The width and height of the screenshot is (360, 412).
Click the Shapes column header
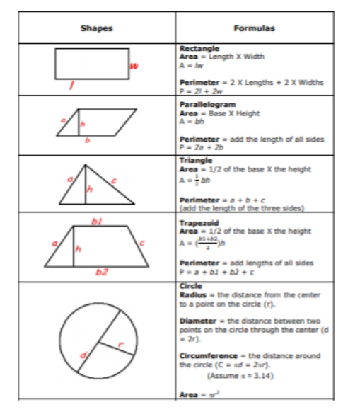97,28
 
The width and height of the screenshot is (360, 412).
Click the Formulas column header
254,28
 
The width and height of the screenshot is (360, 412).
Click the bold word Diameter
197,320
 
